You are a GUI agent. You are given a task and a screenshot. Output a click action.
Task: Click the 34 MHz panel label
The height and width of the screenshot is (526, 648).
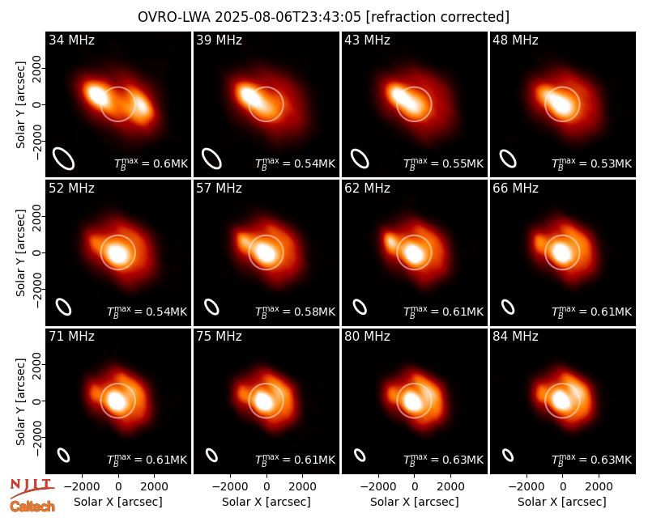pos(71,40)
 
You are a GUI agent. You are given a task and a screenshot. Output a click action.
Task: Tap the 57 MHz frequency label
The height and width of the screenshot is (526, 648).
pos(219,189)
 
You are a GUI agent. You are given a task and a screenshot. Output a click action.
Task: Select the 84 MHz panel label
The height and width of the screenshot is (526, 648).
pos(515,337)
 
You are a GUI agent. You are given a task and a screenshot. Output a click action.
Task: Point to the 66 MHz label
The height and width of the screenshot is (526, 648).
pos(515,189)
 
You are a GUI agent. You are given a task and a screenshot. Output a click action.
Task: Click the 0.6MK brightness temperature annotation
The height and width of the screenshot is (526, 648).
pos(151,163)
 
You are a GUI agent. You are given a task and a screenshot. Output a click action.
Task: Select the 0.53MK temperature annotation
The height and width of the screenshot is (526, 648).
pos(592,163)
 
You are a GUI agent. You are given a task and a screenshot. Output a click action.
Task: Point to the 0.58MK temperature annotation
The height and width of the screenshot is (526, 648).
pos(295,311)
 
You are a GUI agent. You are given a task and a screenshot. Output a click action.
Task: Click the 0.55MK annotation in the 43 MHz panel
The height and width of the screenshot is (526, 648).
pos(443,163)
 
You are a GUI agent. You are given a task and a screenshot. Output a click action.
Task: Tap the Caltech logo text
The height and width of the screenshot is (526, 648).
pos(32,507)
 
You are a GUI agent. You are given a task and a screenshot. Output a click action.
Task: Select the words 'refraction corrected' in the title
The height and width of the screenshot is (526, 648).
pos(437,17)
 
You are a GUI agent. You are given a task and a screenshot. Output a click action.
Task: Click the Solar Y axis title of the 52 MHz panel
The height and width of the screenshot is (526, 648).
pos(20,253)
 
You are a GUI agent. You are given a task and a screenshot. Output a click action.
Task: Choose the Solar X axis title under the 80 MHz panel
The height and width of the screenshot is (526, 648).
pos(414,502)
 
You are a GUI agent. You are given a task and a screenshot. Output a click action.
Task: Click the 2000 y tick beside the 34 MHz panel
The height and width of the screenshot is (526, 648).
pos(36,68)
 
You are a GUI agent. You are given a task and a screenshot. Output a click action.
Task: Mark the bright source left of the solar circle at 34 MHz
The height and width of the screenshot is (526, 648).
pos(96,94)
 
